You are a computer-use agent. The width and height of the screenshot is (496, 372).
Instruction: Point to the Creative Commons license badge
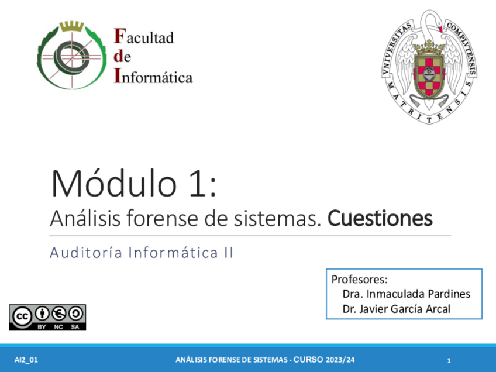pos(47,316)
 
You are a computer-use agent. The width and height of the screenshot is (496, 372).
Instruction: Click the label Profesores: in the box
pos(360,279)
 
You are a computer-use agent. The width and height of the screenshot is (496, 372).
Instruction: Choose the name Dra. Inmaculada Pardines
pos(406,294)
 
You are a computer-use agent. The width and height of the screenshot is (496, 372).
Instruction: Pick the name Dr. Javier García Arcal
pos(396,309)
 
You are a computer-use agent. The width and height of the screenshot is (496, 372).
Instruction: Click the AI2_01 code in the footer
pos(26,360)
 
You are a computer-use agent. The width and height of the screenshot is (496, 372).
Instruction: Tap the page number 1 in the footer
pos(449,360)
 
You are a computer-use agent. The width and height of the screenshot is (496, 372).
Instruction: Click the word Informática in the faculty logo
pos(153,77)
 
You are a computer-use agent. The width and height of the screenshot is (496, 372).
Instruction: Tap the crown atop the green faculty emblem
pos(73,26)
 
